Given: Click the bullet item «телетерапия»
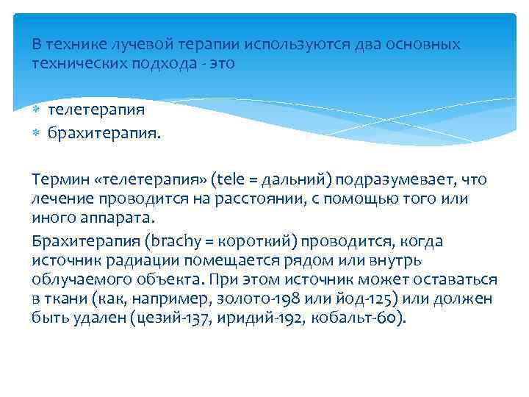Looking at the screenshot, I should coord(96,110).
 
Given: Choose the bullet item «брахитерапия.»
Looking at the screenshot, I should coord(105,133).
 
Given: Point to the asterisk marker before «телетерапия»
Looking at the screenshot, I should coord(37,110).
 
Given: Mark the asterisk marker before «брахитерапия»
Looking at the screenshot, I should coord(37,133).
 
